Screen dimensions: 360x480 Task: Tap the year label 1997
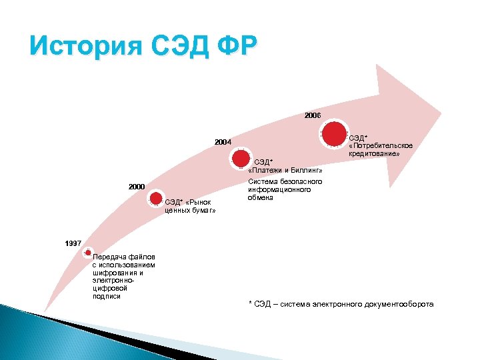pos(73,244)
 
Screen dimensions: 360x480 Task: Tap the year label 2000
pos(137,187)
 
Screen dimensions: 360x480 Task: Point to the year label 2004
pos(223,142)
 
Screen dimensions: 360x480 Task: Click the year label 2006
pos(313,115)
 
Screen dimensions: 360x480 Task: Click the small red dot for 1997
pos(88,253)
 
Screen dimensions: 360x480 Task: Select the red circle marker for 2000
pos(155,198)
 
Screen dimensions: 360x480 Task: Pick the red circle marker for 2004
pos(241,159)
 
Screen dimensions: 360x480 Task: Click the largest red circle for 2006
pos(335,133)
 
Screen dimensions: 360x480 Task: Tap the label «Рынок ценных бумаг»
pos(190,206)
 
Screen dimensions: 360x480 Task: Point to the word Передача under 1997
pos(109,257)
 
